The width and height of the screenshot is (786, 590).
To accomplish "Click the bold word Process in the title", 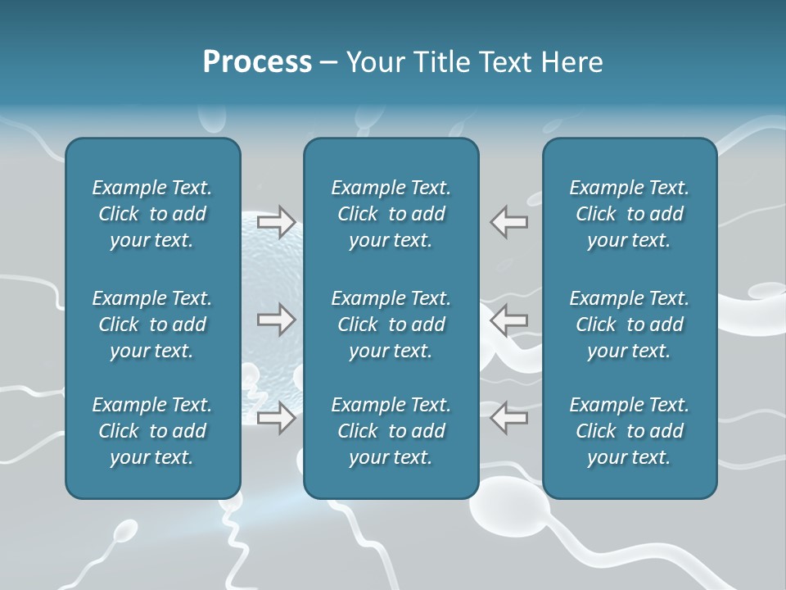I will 257,62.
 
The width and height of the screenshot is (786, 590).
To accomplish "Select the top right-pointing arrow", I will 277,221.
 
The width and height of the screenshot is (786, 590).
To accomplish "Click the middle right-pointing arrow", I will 277,320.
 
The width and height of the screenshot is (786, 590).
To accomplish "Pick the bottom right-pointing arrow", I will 277,418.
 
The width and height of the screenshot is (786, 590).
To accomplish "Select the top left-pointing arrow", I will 508,221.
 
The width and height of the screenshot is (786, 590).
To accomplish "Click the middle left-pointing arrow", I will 508,320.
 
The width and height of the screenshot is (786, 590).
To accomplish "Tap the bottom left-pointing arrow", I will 508,418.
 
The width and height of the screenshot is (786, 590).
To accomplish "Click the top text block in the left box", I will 152,214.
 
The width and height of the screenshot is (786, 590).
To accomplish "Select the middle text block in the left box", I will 152,324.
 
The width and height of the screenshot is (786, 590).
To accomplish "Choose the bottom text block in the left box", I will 152,431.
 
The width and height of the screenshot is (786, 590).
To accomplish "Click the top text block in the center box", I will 391,214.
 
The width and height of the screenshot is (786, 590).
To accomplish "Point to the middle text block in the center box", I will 391,324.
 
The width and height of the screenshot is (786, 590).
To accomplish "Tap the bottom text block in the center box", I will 391,431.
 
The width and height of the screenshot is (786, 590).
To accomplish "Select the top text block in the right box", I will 629,214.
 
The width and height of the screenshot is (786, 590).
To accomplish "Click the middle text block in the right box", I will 629,324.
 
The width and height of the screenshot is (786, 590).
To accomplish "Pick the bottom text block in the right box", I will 629,431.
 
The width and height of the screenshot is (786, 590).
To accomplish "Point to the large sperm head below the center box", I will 501,512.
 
